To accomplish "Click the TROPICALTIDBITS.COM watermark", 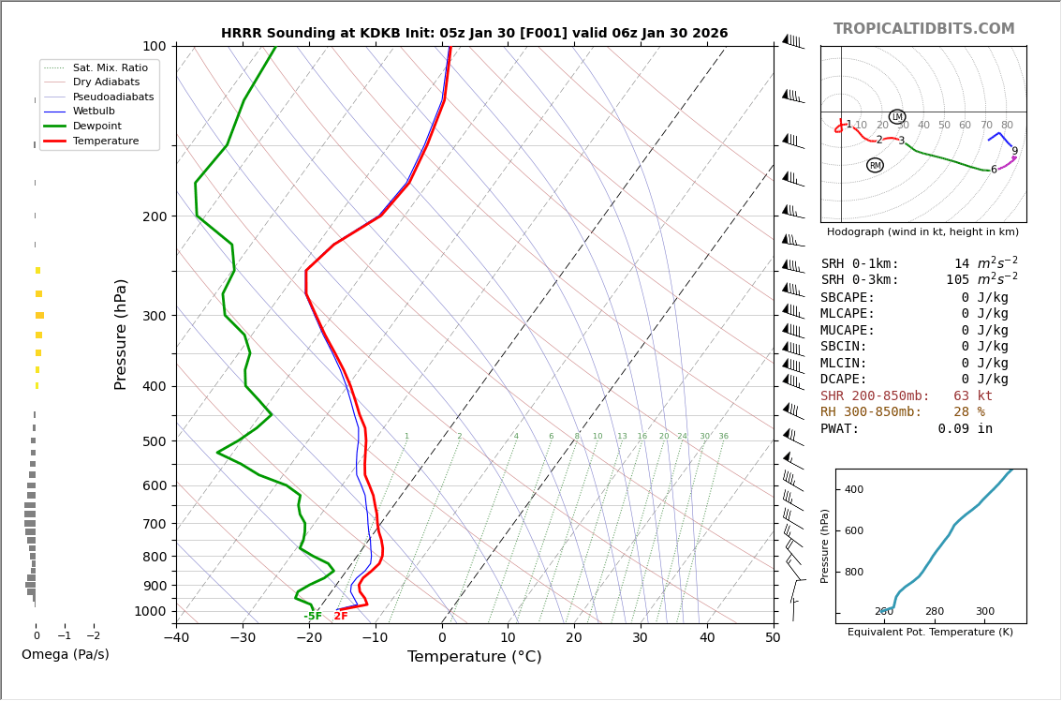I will coord(923,29).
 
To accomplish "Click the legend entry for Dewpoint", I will coord(97,127).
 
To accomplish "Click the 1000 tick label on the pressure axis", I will coord(149,611).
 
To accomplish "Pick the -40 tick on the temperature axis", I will coord(176,638).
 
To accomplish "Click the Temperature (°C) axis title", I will coord(474,657).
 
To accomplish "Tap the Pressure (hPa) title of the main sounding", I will coord(121,334).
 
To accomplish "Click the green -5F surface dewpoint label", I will coord(313,617).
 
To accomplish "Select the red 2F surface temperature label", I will coord(341,617).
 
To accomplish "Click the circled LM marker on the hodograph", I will coord(897,117).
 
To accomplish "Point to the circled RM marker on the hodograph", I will coord(875,166).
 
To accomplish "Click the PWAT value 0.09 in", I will coord(965,429).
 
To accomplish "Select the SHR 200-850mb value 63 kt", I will coord(972,396).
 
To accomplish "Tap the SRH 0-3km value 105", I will coord(957,280).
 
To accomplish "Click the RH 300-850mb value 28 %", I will coord(968,412).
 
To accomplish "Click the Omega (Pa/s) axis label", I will coord(65,655).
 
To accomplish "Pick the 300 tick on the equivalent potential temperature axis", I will coord(985,612).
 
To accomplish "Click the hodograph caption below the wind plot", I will coord(922,232).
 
